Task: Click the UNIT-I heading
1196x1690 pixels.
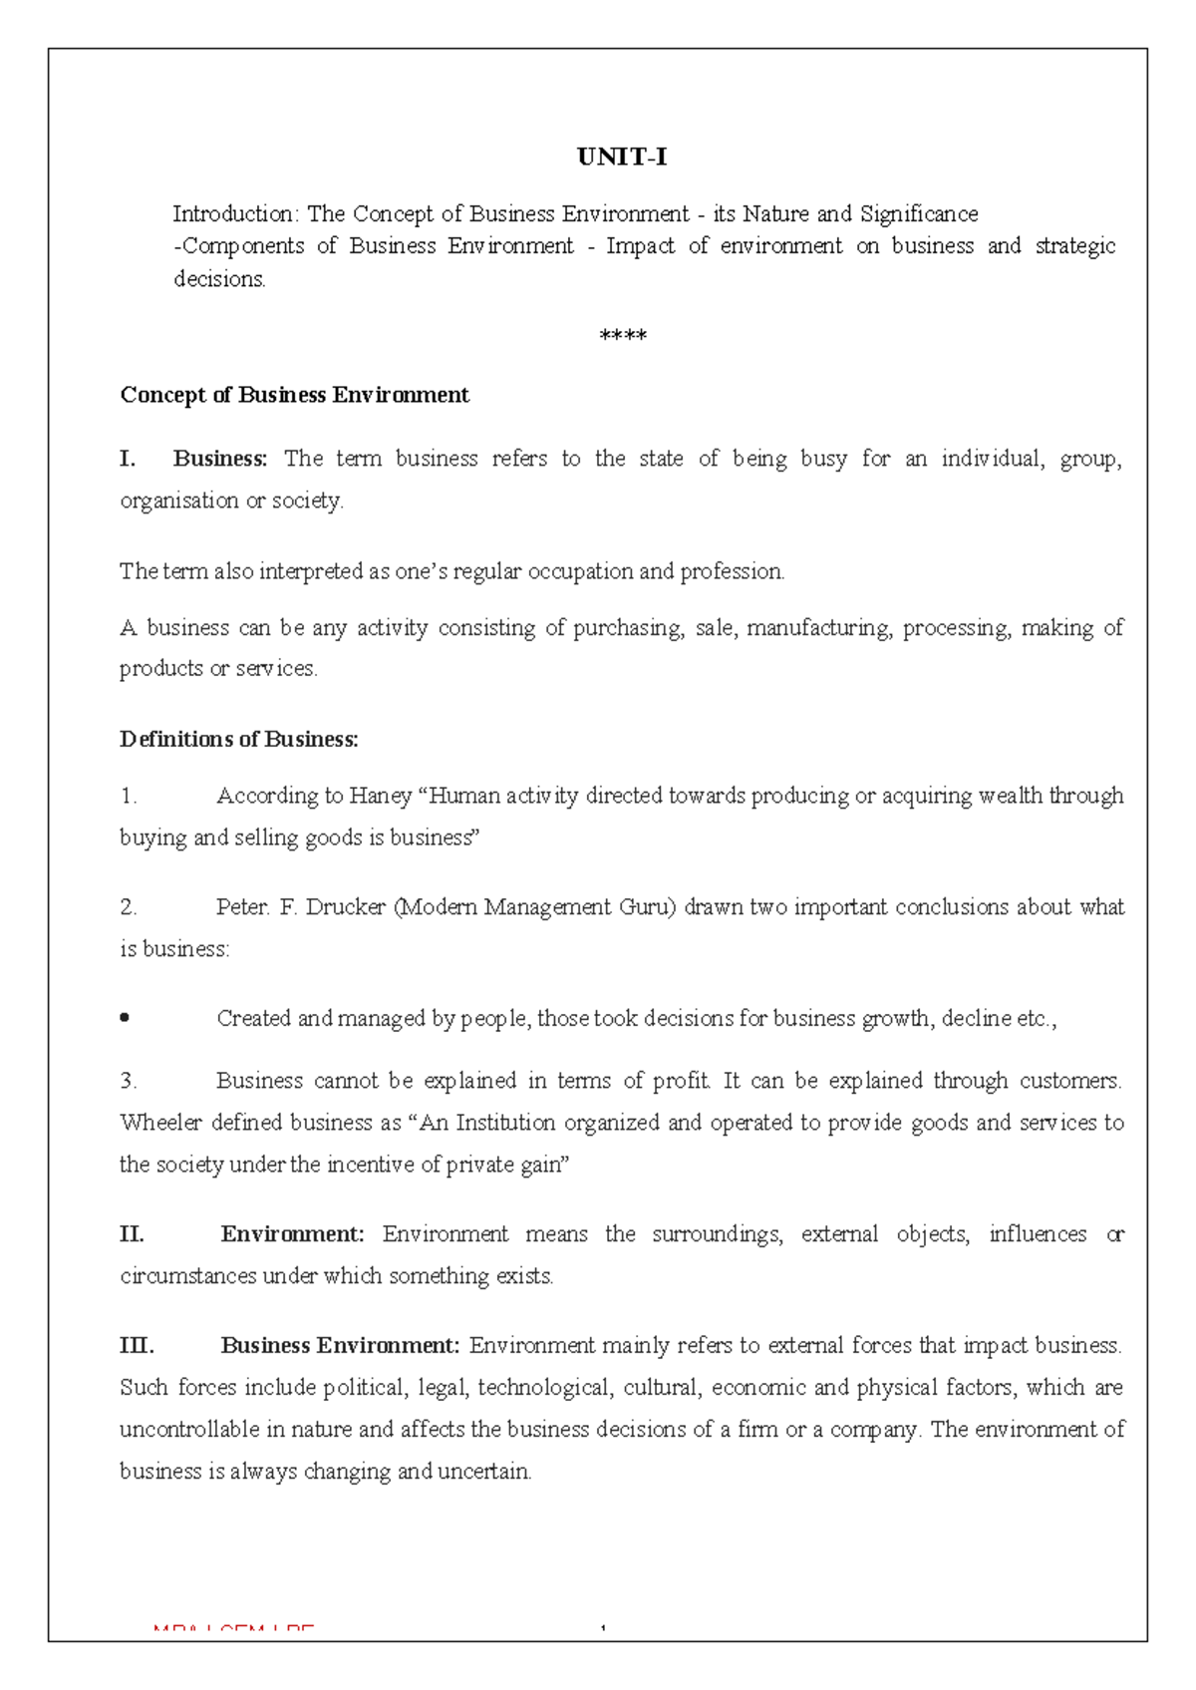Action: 622,158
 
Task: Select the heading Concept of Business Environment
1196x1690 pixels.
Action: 294,395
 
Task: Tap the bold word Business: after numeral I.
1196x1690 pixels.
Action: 220,459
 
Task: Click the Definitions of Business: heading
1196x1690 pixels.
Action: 238,739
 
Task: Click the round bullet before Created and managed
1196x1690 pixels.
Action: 125,1018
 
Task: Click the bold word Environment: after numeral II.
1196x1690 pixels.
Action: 293,1234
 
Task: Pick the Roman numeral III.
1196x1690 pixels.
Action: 137,1346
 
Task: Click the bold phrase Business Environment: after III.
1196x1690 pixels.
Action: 340,1346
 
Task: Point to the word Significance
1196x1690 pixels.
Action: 919,214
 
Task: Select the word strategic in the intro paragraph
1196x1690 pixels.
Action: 1075,246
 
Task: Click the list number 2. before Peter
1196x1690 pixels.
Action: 128,907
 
